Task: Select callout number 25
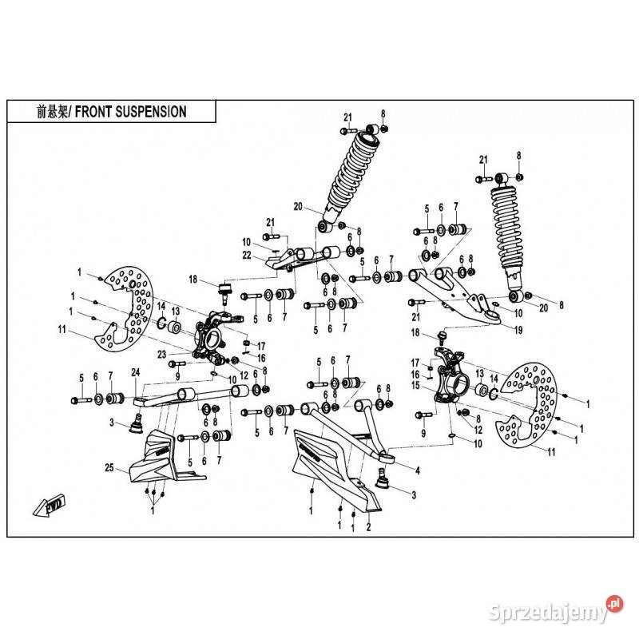coord(109,466)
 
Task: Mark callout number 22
coord(248,256)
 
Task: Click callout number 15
coord(415,386)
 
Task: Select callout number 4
coord(417,469)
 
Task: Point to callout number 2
coord(368,528)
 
